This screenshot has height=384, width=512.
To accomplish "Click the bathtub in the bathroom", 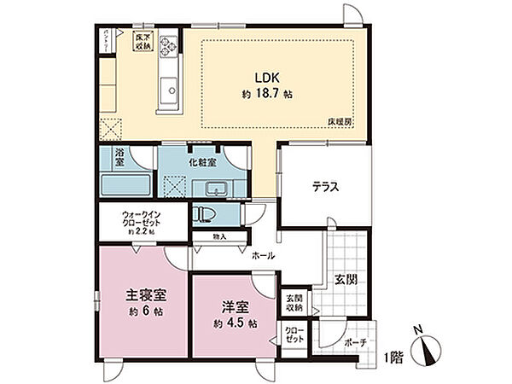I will click(x=124, y=184).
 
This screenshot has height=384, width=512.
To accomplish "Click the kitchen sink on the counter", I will click(x=167, y=88).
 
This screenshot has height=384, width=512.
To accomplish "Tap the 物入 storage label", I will click(x=209, y=237).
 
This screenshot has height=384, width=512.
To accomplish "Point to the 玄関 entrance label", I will click(x=346, y=280).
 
